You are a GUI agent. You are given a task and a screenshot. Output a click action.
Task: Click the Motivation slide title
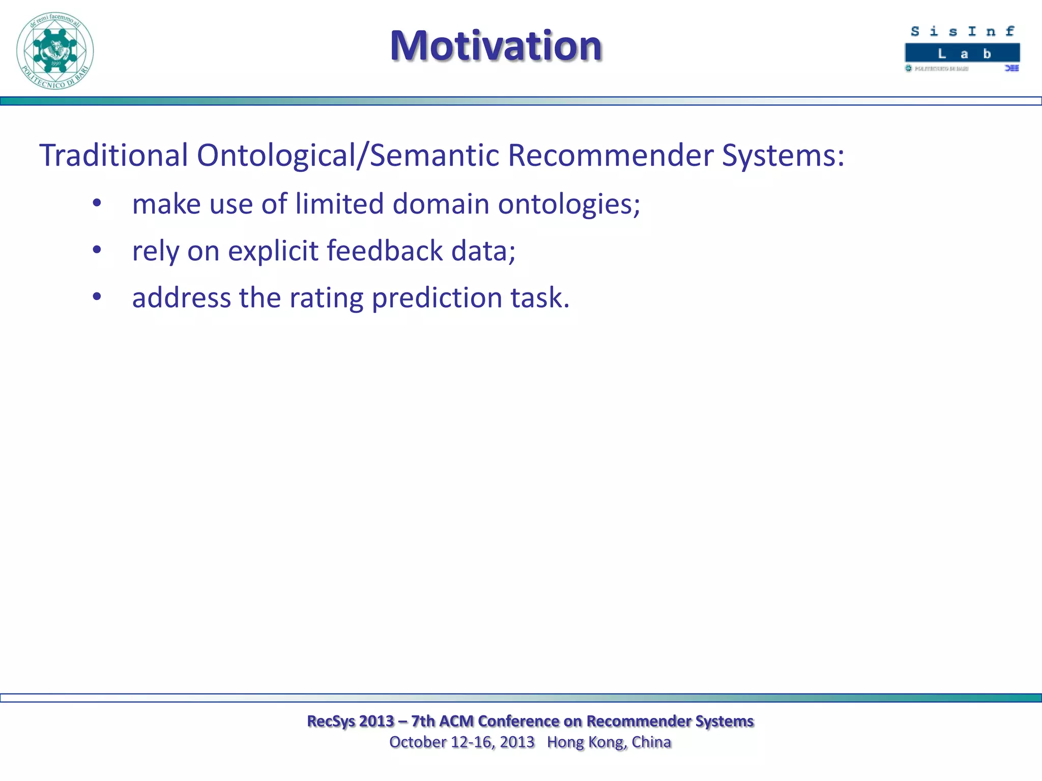click(x=496, y=46)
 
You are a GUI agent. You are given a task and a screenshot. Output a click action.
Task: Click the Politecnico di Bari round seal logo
click(x=55, y=51)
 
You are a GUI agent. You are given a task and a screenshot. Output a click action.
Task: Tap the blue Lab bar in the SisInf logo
click(x=962, y=53)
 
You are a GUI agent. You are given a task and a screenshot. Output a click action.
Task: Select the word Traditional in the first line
click(x=113, y=155)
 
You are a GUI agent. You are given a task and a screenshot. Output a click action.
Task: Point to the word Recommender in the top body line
click(x=610, y=155)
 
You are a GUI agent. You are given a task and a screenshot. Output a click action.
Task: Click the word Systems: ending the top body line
click(x=783, y=156)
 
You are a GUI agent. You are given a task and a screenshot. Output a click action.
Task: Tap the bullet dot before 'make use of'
click(x=97, y=203)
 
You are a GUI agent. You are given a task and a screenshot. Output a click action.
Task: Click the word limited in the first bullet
click(x=339, y=204)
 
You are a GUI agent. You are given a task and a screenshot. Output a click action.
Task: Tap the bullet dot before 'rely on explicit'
click(x=97, y=250)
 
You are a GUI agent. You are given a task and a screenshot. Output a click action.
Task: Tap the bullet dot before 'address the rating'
click(x=97, y=297)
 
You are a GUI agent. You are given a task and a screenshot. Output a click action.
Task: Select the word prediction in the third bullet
click(x=437, y=298)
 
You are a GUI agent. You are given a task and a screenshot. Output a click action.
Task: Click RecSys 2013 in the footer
click(x=351, y=721)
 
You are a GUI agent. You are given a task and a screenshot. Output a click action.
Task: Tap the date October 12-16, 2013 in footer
click(x=461, y=742)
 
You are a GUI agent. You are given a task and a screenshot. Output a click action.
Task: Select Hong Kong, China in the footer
click(x=609, y=742)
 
